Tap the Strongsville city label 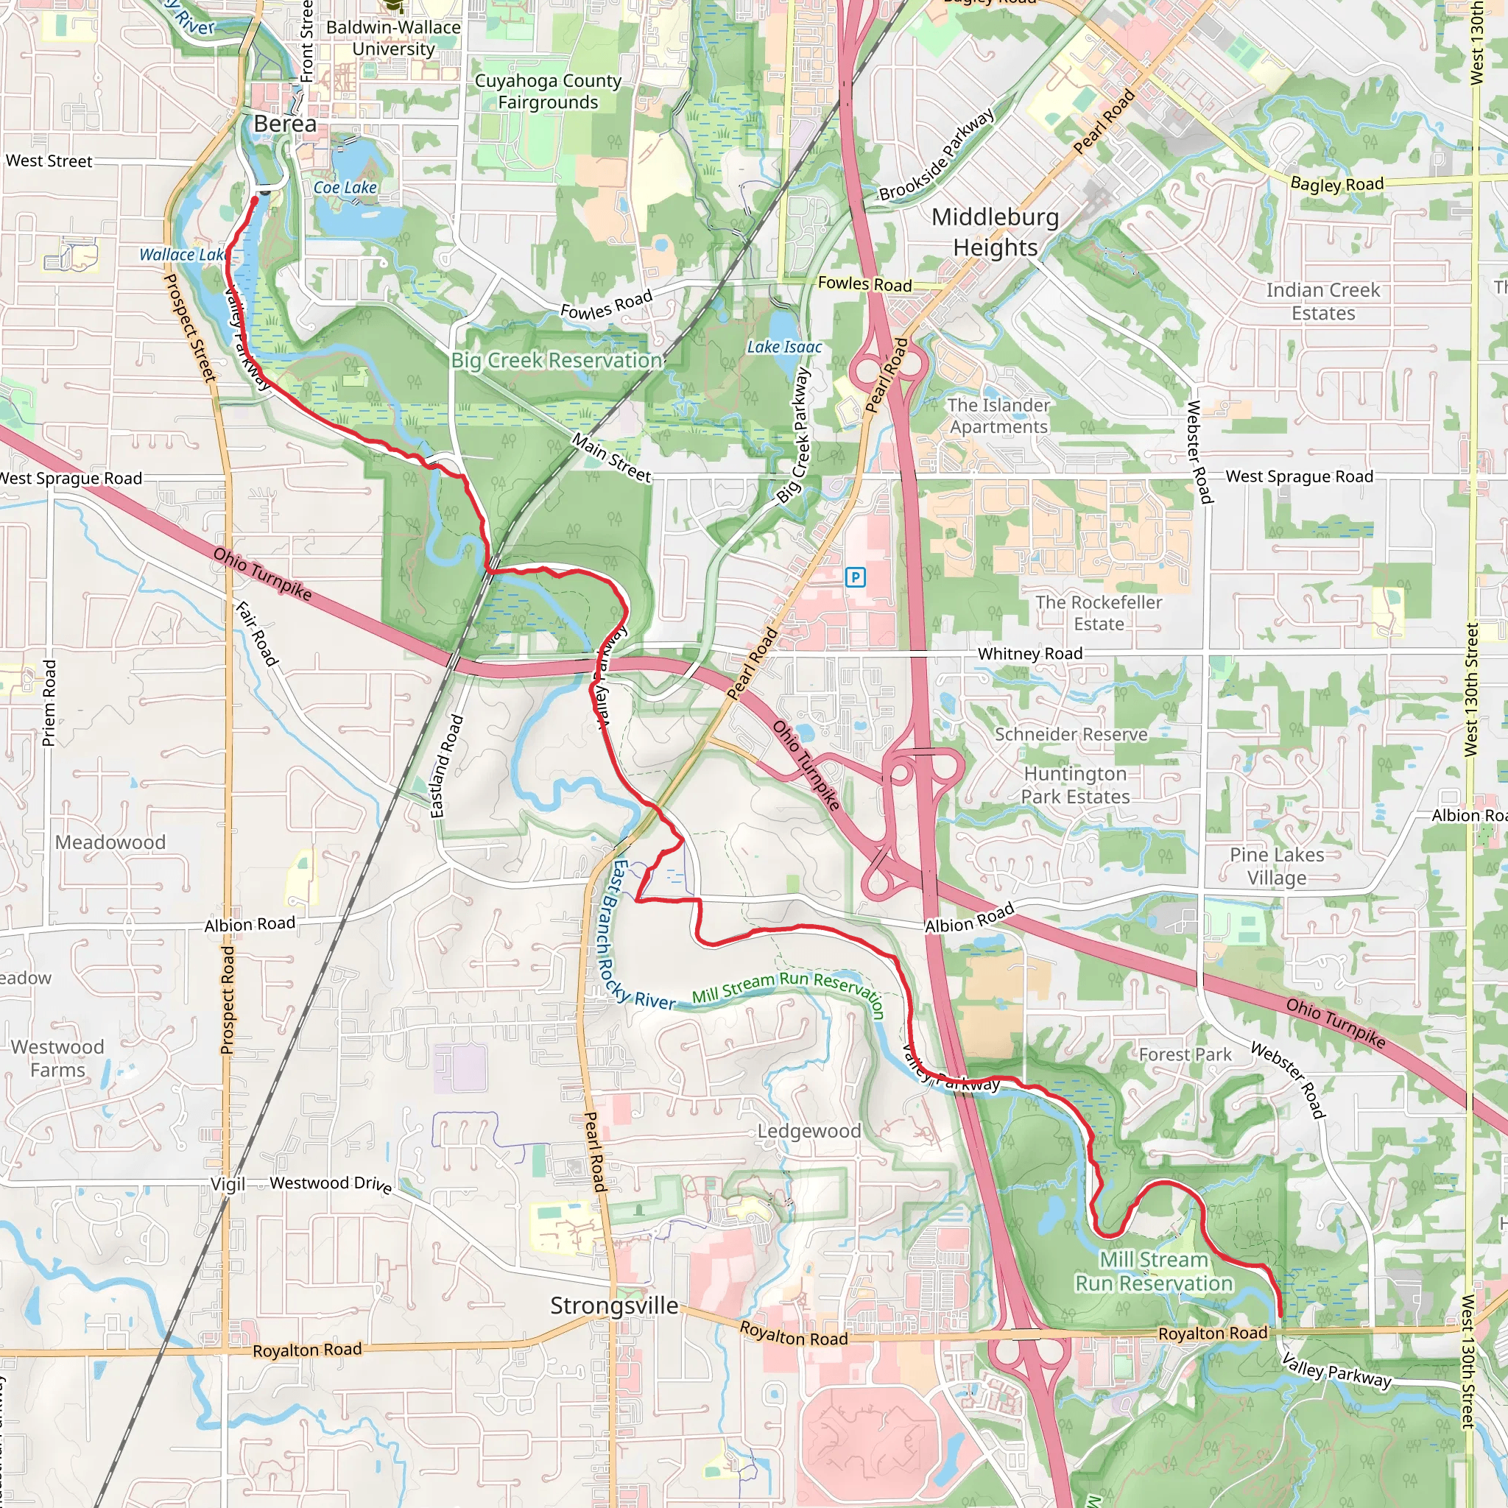[x=614, y=1305]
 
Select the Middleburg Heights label [x=996, y=232]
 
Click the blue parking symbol [x=856, y=577]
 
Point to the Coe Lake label [x=345, y=187]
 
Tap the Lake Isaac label [x=784, y=347]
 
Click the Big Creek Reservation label [x=557, y=361]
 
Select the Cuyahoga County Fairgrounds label [x=548, y=91]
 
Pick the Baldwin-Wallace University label [x=393, y=38]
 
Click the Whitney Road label [x=1030, y=653]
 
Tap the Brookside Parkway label [x=937, y=155]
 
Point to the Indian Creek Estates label [x=1323, y=301]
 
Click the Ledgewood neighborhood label [x=809, y=1131]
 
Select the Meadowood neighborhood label [x=110, y=842]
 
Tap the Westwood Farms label [x=57, y=1058]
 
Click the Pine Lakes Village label [x=1277, y=867]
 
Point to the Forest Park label [x=1185, y=1054]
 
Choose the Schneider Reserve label [x=1071, y=734]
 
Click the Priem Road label [x=49, y=702]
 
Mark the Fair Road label [x=257, y=634]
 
